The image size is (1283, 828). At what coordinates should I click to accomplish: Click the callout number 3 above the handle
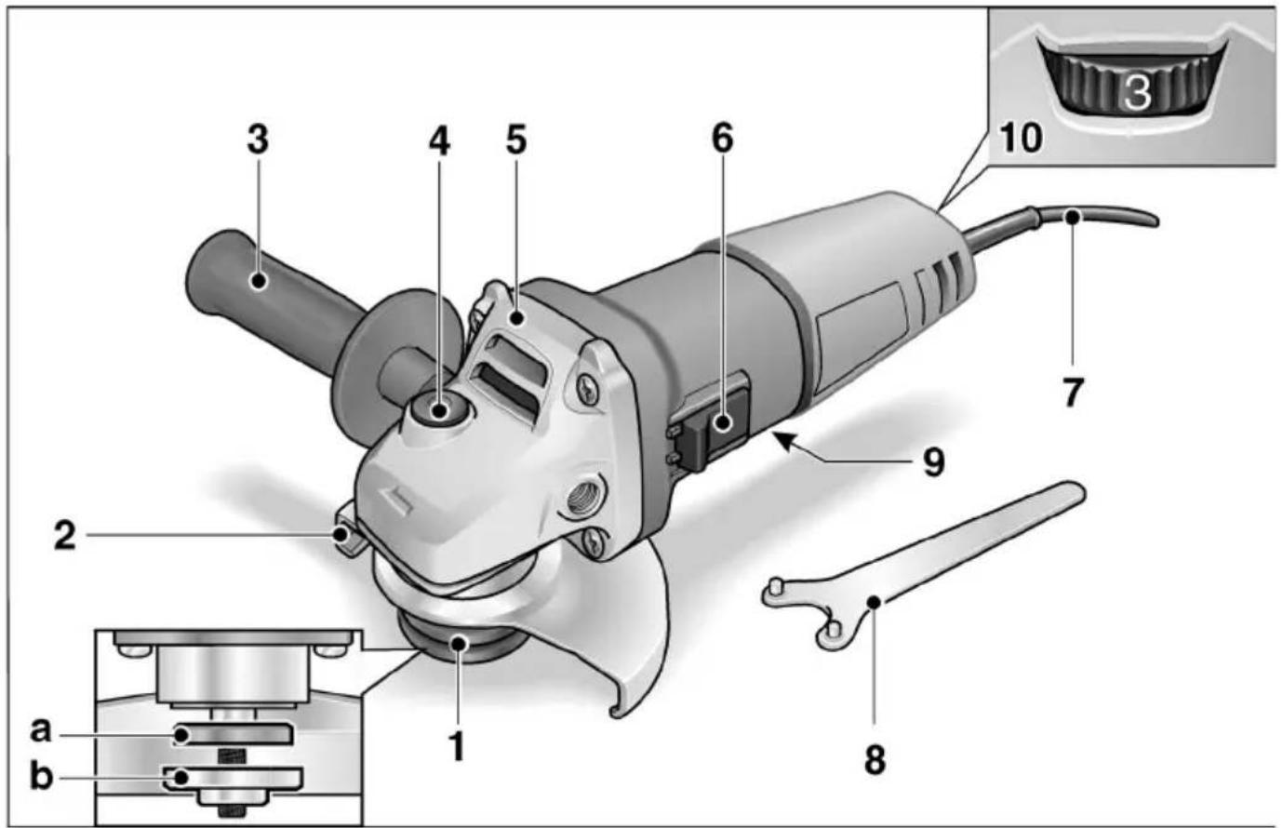click(258, 140)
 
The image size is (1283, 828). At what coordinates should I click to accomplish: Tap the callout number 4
click(438, 140)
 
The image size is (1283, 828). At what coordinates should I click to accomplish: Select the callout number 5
click(516, 140)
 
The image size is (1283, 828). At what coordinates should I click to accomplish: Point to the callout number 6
click(722, 138)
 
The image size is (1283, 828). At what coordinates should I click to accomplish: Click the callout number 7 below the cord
click(1073, 392)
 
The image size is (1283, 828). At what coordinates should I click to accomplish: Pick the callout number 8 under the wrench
click(874, 758)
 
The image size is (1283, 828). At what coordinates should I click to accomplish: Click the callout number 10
click(1021, 137)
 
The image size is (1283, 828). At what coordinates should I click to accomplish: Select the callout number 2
click(64, 535)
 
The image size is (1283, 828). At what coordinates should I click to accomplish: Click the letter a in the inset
click(41, 729)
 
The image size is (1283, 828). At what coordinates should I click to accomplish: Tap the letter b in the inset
click(41, 775)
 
